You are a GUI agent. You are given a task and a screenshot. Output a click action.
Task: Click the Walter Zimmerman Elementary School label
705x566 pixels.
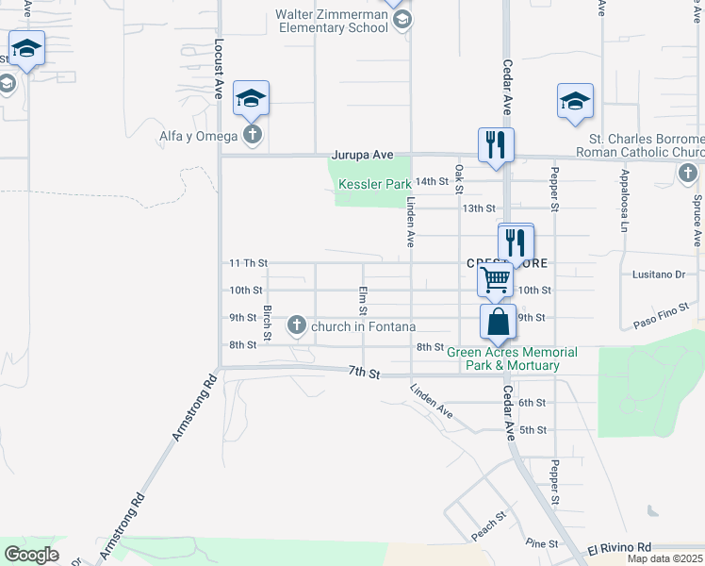click(332, 21)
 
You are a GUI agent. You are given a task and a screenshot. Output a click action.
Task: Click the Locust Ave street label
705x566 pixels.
click(218, 69)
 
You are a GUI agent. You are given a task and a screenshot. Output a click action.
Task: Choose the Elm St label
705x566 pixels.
click(362, 300)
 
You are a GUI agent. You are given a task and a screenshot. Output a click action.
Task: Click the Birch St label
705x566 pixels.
click(268, 323)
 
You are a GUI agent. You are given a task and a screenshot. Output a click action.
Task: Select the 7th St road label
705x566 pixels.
click(363, 374)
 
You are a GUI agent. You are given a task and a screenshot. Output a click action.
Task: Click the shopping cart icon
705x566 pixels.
click(495, 279)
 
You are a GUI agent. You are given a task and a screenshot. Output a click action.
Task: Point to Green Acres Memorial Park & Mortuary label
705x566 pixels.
click(512, 358)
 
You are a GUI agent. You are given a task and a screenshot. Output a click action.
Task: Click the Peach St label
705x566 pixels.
click(489, 525)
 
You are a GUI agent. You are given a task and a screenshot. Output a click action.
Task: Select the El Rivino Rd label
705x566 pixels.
click(619, 547)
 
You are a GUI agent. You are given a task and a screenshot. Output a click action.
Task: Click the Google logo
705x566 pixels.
click(31, 555)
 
